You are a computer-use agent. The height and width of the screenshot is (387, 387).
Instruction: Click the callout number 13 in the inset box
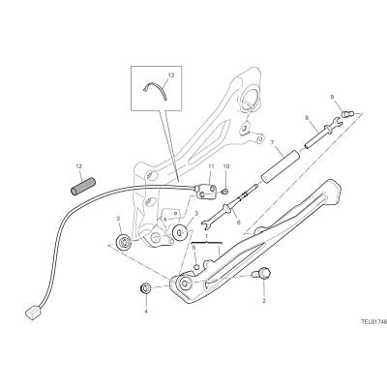171,74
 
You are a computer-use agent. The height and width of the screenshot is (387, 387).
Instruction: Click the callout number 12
79,166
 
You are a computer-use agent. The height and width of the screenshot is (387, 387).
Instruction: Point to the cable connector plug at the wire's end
33,313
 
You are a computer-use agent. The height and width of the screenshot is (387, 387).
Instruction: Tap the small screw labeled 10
225,192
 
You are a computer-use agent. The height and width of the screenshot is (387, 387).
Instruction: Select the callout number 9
332,97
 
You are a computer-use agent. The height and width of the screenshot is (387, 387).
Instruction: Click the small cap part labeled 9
347,113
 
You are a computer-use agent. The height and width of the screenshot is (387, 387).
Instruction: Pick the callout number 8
307,118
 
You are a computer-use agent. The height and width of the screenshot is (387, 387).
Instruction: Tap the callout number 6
239,223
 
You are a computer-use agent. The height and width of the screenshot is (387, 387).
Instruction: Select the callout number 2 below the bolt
264,301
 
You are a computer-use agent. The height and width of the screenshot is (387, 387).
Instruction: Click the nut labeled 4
146,287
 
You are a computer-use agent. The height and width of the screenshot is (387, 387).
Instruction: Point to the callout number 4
146,312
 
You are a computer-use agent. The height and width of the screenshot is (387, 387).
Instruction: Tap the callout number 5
193,248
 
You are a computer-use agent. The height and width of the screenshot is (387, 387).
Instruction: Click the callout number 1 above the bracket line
207,236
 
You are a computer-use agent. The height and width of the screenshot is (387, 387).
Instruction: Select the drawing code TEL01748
373,321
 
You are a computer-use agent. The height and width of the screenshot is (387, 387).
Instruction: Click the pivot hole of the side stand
185,283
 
